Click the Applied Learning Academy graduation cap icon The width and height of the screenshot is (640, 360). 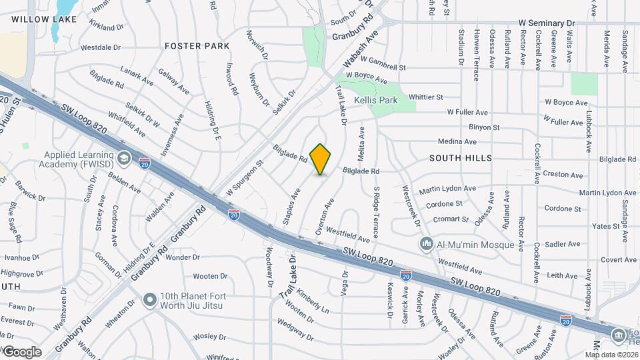123,157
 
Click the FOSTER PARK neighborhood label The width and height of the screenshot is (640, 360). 197,46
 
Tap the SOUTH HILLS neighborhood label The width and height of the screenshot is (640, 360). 461,158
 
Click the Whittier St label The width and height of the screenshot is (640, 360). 426,97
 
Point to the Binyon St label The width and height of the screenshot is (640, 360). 484,127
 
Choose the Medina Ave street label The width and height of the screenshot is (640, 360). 457,141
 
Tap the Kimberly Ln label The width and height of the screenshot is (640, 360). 313,302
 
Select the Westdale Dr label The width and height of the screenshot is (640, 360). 100,47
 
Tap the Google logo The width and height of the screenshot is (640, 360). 22,351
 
